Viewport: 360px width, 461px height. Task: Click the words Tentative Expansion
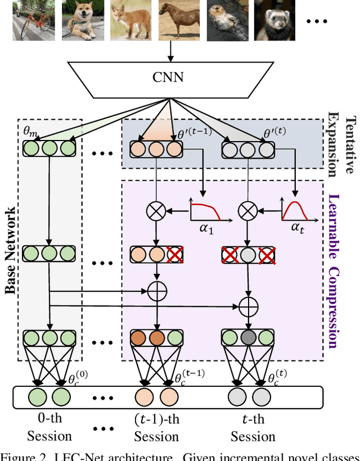[x=343, y=144]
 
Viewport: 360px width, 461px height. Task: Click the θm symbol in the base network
[x=29, y=130]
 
